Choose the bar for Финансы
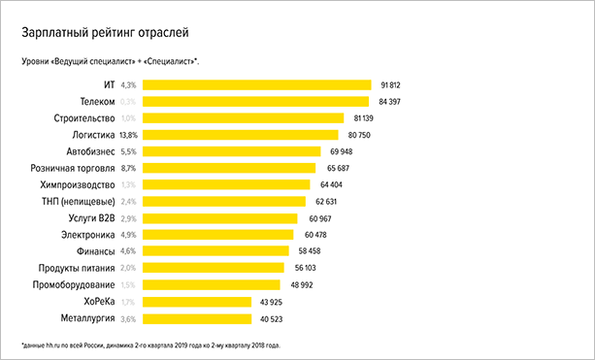pyautogui.click(x=218, y=251)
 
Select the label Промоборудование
pyautogui.click(x=75, y=284)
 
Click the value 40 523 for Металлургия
pyautogui.click(x=271, y=317)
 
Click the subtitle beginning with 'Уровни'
pyautogui.click(x=110, y=62)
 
